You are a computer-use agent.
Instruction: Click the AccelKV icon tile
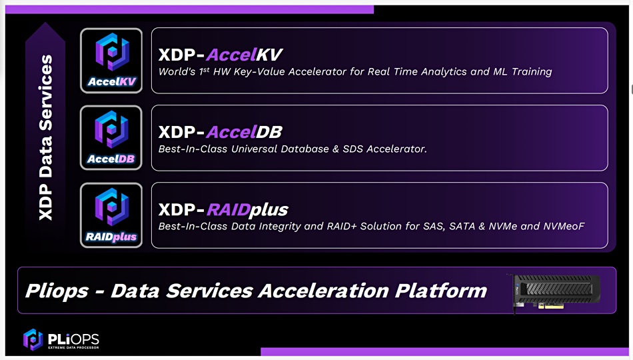(111, 61)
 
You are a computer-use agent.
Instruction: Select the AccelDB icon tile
(111, 138)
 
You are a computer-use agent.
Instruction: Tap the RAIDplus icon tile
(111, 215)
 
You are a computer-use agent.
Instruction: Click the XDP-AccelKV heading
(220, 55)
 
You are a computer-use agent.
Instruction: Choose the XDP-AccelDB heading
(220, 132)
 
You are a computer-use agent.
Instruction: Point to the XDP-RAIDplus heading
(223, 210)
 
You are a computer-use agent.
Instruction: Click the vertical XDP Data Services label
(45, 137)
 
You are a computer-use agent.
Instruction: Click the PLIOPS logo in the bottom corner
(61, 339)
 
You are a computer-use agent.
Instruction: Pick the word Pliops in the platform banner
(57, 291)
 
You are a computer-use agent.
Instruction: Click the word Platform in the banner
(441, 291)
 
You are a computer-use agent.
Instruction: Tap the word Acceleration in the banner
(323, 291)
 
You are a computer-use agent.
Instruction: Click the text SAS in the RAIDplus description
(434, 226)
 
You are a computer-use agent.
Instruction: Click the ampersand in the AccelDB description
(335, 149)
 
